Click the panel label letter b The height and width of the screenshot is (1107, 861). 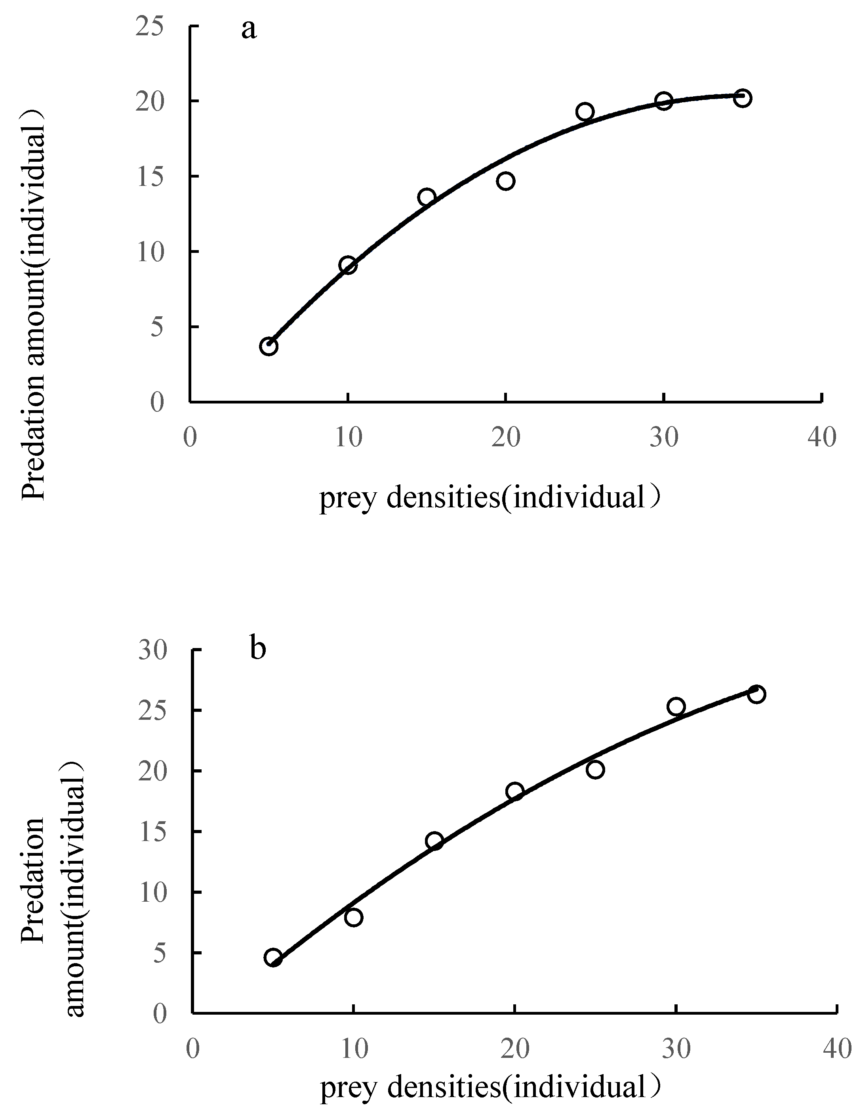coord(258,650)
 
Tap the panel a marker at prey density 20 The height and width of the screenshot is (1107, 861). coord(505,181)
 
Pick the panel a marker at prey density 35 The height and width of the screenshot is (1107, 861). coord(743,98)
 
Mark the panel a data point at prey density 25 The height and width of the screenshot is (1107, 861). coord(585,111)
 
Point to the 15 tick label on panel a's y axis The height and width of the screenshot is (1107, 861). coord(150,176)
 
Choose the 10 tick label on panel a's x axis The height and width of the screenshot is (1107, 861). coord(349,437)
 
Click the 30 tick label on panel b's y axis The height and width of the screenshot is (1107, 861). coord(152,650)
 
